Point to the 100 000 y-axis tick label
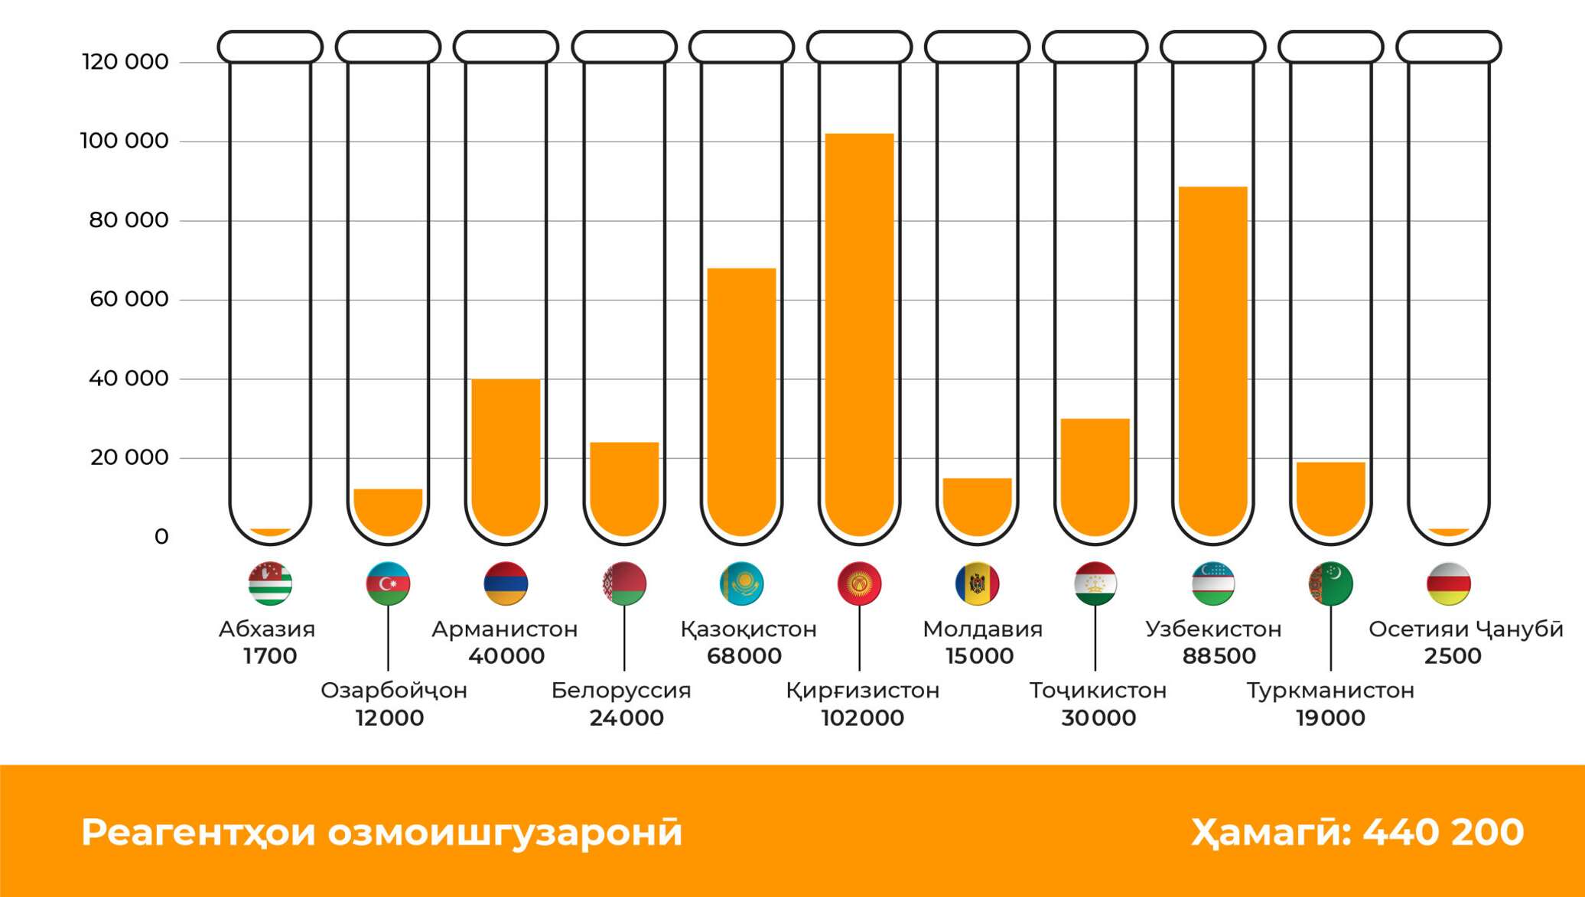coord(124,141)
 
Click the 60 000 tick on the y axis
coord(129,299)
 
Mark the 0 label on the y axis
coord(161,537)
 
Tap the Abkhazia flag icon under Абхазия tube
coord(270,583)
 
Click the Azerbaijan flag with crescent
coord(388,583)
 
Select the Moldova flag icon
coord(977,583)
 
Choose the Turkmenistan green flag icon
coord(1330,583)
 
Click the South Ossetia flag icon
coord(1448,583)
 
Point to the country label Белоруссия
coord(620,691)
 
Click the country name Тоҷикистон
coord(1098,691)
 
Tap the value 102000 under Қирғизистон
coord(862,718)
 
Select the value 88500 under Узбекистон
coord(1219,656)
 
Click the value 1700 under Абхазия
coord(270,656)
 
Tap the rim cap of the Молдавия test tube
coord(977,47)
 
